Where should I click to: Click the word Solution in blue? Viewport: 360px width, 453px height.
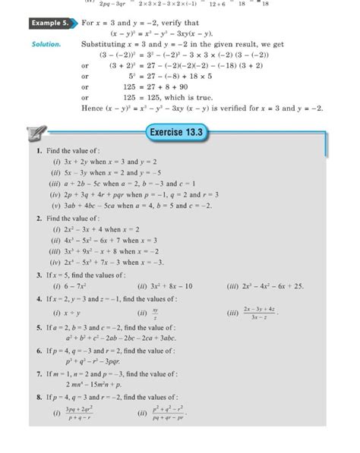[46, 45]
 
